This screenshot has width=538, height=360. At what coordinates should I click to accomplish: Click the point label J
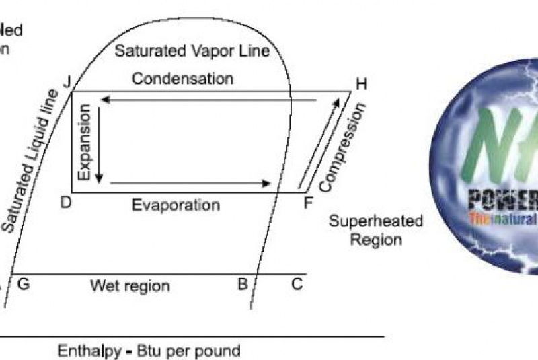(x=67, y=83)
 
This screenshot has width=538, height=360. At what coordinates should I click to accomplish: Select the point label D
(x=66, y=201)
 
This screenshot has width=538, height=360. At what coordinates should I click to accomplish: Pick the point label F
(x=308, y=202)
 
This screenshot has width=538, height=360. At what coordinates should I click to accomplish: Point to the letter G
(x=23, y=284)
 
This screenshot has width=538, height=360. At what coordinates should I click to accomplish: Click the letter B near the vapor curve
(x=243, y=284)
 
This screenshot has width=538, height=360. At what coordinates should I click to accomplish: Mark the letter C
(x=297, y=284)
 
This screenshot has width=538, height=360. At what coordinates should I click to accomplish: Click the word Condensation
(x=183, y=79)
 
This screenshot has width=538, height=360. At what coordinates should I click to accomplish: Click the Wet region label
(x=130, y=286)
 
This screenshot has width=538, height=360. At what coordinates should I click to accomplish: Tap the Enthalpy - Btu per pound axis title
(x=149, y=351)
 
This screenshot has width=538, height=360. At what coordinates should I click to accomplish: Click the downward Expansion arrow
(x=100, y=142)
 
